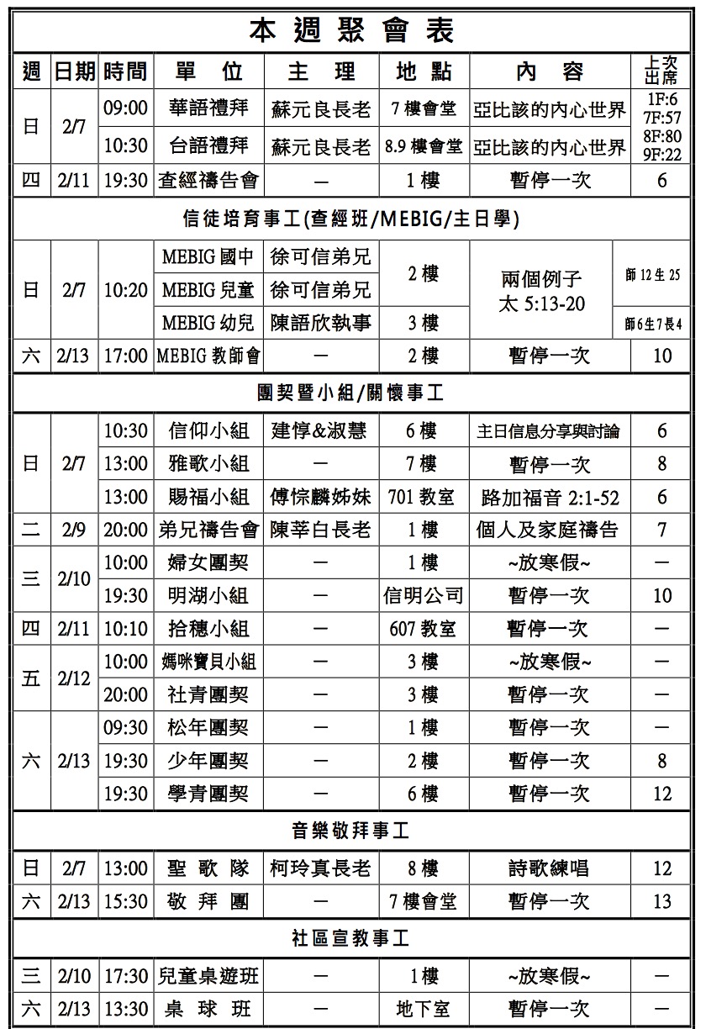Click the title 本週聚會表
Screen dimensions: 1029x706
352,30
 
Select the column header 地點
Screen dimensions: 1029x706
424,71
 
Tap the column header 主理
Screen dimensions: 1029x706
321,71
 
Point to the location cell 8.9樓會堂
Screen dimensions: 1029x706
424,145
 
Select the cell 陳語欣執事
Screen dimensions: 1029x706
321,323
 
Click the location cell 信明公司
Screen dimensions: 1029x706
424,595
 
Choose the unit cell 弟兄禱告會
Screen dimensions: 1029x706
208,530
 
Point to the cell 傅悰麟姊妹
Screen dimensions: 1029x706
321,497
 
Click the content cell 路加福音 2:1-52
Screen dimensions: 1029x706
551,497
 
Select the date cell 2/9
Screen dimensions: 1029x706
74,530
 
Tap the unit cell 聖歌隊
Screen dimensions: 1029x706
208,868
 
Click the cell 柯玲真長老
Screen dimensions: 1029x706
321,868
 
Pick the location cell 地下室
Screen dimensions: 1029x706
424,1008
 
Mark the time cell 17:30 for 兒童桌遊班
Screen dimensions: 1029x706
125,976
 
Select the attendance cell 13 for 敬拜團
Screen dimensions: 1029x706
662,901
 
